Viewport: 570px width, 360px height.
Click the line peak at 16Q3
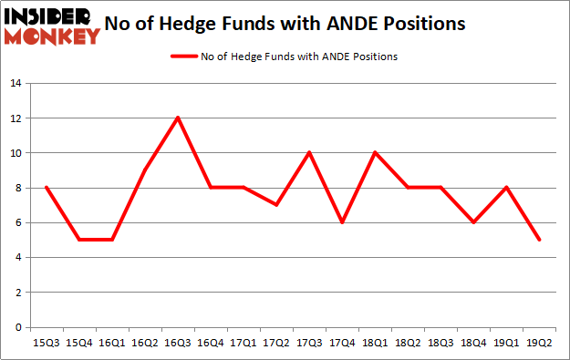coord(179,118)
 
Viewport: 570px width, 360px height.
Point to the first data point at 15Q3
coord(46,188)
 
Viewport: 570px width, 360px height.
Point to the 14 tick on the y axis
coord(16,83)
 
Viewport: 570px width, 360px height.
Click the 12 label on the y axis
coord(16,118)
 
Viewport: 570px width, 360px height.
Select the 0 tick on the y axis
coord(18,327)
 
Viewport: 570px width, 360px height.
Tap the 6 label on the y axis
coord(18,222)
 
